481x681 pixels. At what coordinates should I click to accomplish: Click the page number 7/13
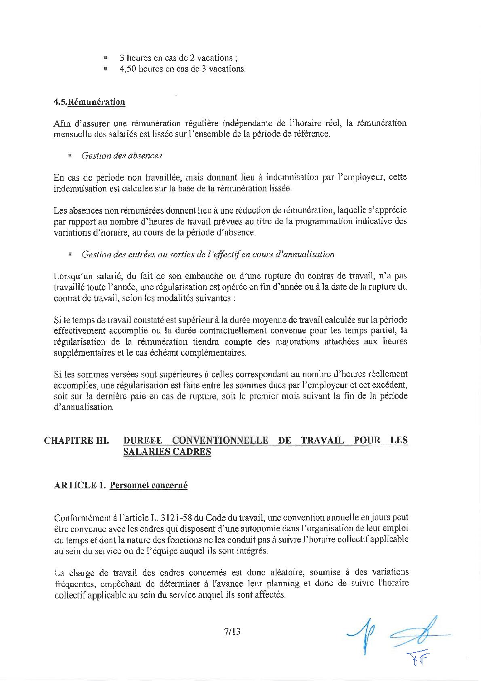coord(232,631)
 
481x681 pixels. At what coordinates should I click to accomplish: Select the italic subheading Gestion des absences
coord(122,156)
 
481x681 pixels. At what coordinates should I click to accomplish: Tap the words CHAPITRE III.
coord(76,440)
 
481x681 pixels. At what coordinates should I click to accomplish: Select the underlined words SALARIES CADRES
coord(167,452)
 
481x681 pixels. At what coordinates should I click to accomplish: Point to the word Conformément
coord(82,518)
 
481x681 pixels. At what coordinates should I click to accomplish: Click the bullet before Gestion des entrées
coord(70,255)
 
